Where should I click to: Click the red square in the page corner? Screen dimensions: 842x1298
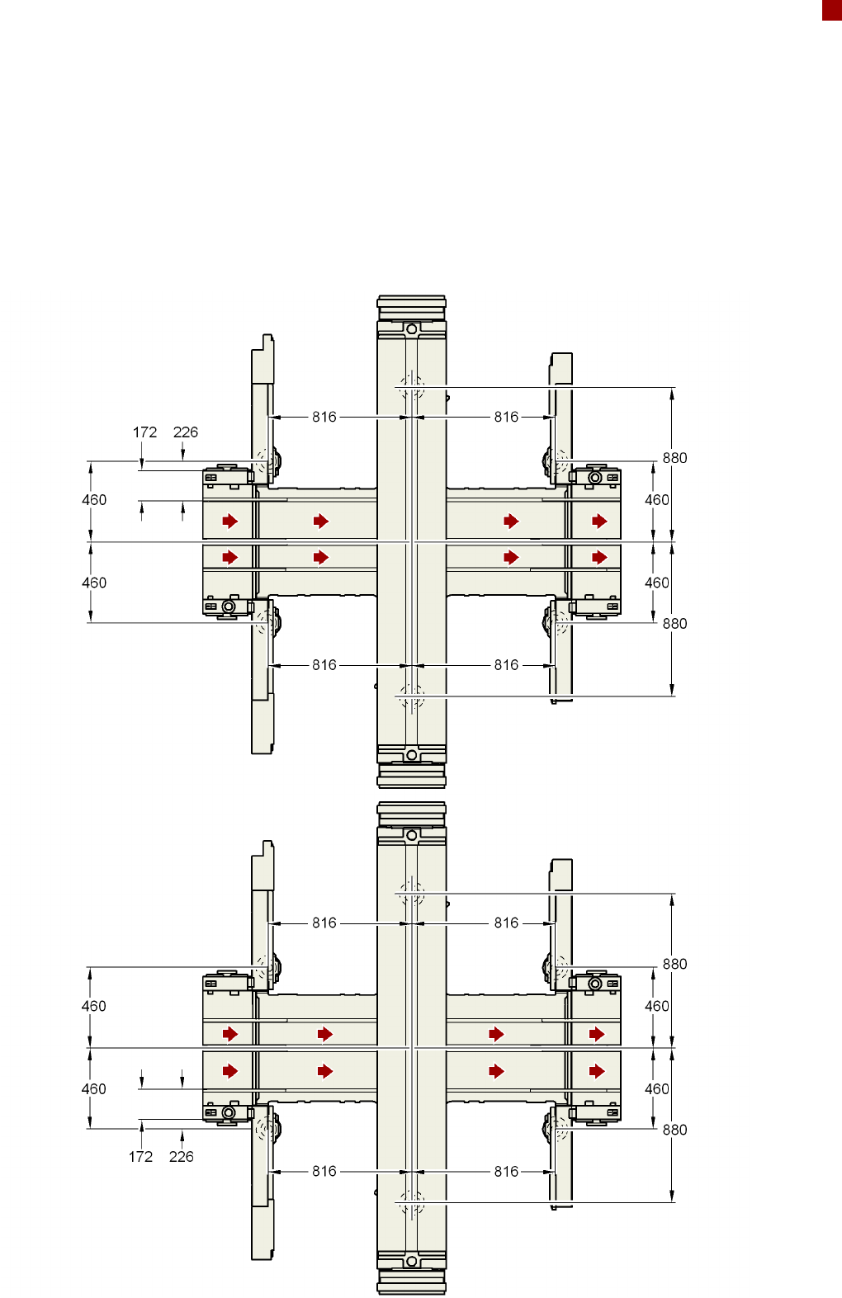tap(832, 10)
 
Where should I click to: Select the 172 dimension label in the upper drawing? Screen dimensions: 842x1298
tap(144, 432)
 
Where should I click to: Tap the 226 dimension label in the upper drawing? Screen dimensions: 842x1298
tap(186, 432)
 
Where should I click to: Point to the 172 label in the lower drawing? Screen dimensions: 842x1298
tap(140, 1157)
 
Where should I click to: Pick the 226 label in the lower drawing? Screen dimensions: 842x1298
tap(182, 1157)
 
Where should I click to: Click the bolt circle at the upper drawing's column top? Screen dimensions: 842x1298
tap(411, 329)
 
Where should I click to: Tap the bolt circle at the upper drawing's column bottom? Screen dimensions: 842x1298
tap(411, 754)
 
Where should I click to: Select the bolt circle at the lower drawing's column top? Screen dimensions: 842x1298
tap(411, 835)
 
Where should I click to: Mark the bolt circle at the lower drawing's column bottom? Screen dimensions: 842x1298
tap(411, 1261)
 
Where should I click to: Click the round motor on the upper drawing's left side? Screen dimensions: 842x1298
tap(229, 607)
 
